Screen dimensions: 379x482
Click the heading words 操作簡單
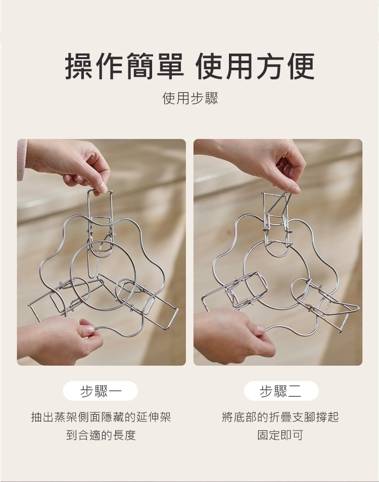(124, 66)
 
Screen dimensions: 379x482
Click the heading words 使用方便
(255, 66)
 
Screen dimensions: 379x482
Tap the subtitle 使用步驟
(189, 99)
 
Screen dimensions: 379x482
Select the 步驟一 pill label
(101, 391)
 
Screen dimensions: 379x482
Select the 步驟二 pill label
(281, 391)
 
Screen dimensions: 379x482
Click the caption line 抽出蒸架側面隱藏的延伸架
(101, 417)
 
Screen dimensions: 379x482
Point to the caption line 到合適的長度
(101, 435)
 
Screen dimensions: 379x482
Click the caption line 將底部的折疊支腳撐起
(280, 417)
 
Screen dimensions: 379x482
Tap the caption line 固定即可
(280, 435)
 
